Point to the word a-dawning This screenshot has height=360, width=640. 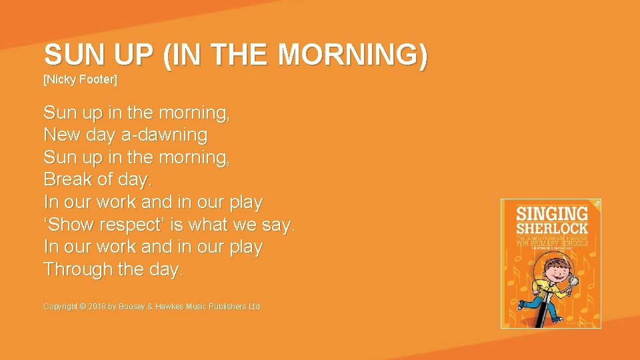pos(164,135)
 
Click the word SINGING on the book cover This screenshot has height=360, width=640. pos(553,214)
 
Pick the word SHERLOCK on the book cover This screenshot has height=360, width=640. pos(553,228)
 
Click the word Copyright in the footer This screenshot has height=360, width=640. pos(61,307)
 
